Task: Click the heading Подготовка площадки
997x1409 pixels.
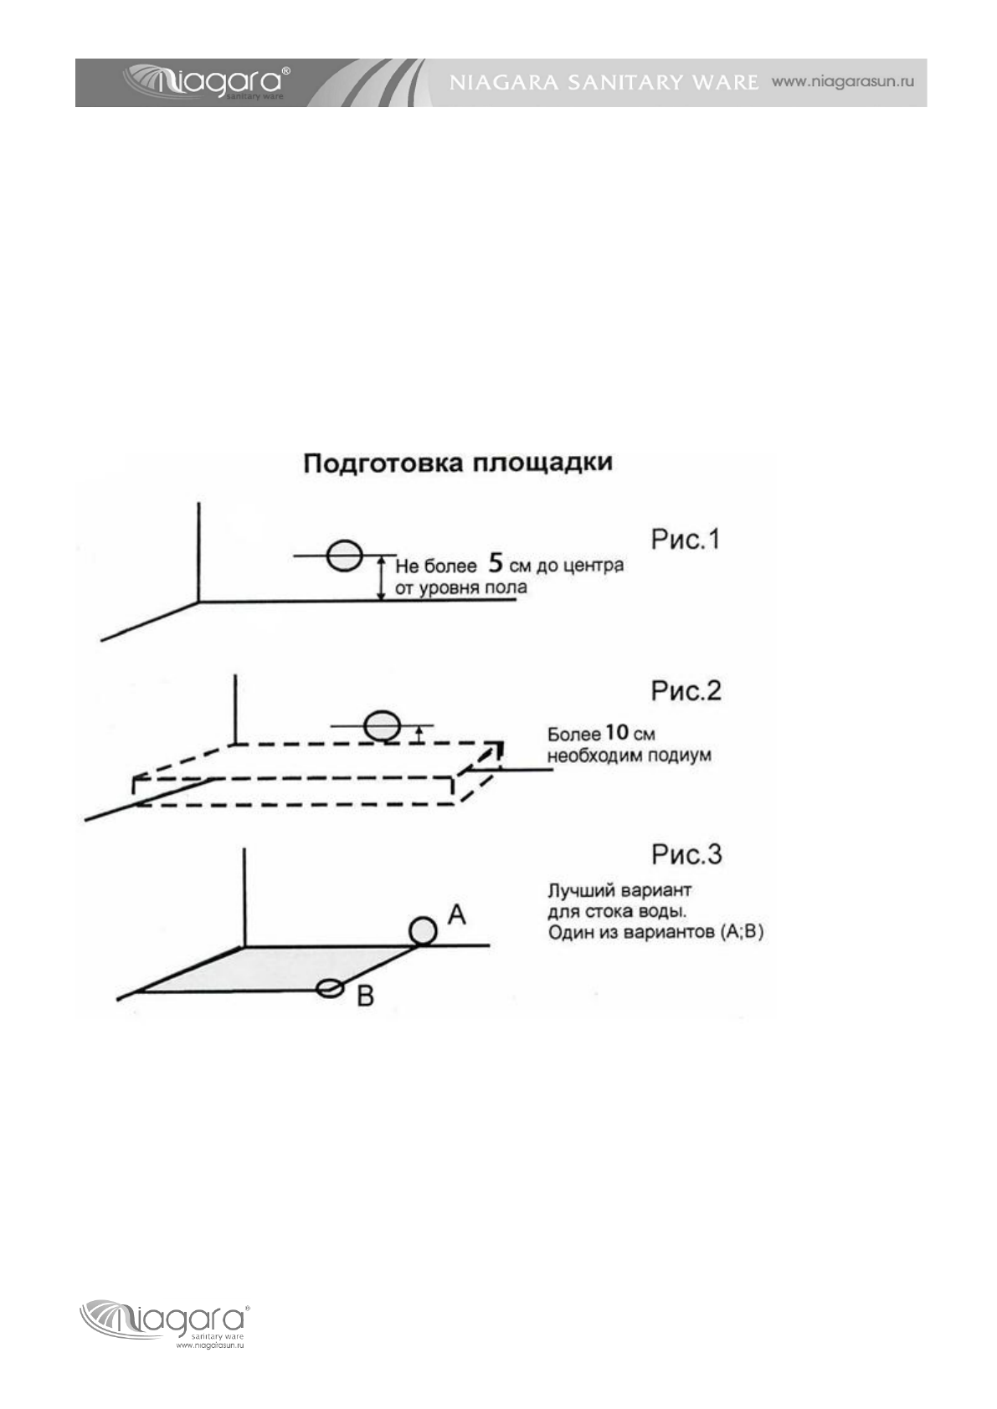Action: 457,463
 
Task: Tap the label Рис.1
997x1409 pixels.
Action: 686,540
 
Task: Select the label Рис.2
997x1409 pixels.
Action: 686,691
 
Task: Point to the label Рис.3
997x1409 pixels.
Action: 686,854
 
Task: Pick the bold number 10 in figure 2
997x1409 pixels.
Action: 616,733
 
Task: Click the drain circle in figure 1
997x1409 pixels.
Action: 343,556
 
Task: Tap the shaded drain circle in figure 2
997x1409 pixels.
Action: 383,725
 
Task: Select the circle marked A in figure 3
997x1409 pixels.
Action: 423,930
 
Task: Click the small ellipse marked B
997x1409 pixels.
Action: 331,988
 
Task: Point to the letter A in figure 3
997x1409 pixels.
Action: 456,914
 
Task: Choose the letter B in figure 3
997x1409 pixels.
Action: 365,997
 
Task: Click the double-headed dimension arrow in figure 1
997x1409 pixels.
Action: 381,577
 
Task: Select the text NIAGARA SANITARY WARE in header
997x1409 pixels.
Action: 604,83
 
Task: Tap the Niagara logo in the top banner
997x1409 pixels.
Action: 208,82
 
